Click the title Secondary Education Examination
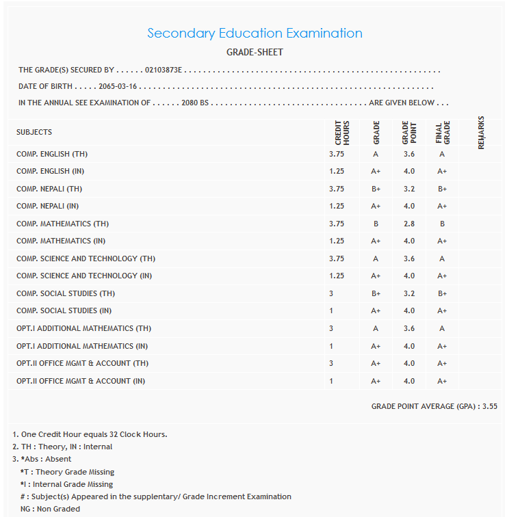tap(255, 33)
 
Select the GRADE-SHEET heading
tap(255, 52)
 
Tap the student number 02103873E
tap(165, 70)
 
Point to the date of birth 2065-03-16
tap(118, 87)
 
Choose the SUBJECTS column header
tap(34, 132)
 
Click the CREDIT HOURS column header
tap(342, 132)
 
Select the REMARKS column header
tap(481, 132)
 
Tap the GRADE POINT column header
tap(409, 132)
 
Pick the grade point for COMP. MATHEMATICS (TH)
tap(409, 224)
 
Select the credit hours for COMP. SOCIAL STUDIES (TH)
tap(331, 293)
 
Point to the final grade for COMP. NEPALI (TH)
tap(442, 189)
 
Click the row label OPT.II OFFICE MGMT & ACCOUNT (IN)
tap(81, 381)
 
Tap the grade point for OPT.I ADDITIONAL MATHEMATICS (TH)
tap(409, 328)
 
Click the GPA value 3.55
tap(489, 406)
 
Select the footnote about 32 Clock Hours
tap(90, 434)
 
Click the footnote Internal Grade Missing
tap(66, 484)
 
